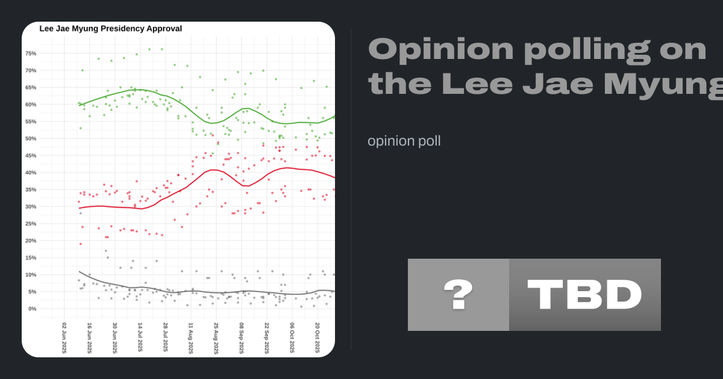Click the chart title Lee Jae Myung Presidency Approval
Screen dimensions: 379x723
(110, 28)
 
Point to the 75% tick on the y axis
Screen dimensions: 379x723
(31, 54)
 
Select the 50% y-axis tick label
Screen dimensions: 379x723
(31, 138)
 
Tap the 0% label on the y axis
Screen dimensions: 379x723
(33, 309)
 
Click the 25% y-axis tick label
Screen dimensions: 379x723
(31, 224)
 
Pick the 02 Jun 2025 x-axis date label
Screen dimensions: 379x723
(64, 338)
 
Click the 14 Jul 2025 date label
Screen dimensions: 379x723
(140, 338)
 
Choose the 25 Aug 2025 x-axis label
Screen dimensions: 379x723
(216, 338)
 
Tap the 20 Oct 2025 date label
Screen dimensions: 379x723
(317, 338)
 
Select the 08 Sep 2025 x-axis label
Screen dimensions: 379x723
(241, 338)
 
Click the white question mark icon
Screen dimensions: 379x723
(458, 295)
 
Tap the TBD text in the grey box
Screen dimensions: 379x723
(584, 295)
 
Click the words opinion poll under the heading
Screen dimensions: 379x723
(404, 141)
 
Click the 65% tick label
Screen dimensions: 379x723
(31, 87)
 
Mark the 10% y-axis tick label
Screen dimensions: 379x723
(31, 275)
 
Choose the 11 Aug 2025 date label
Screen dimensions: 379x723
(190, 338)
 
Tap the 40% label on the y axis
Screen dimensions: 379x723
(31, 173)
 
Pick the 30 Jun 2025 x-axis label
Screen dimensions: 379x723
(115, 338)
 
